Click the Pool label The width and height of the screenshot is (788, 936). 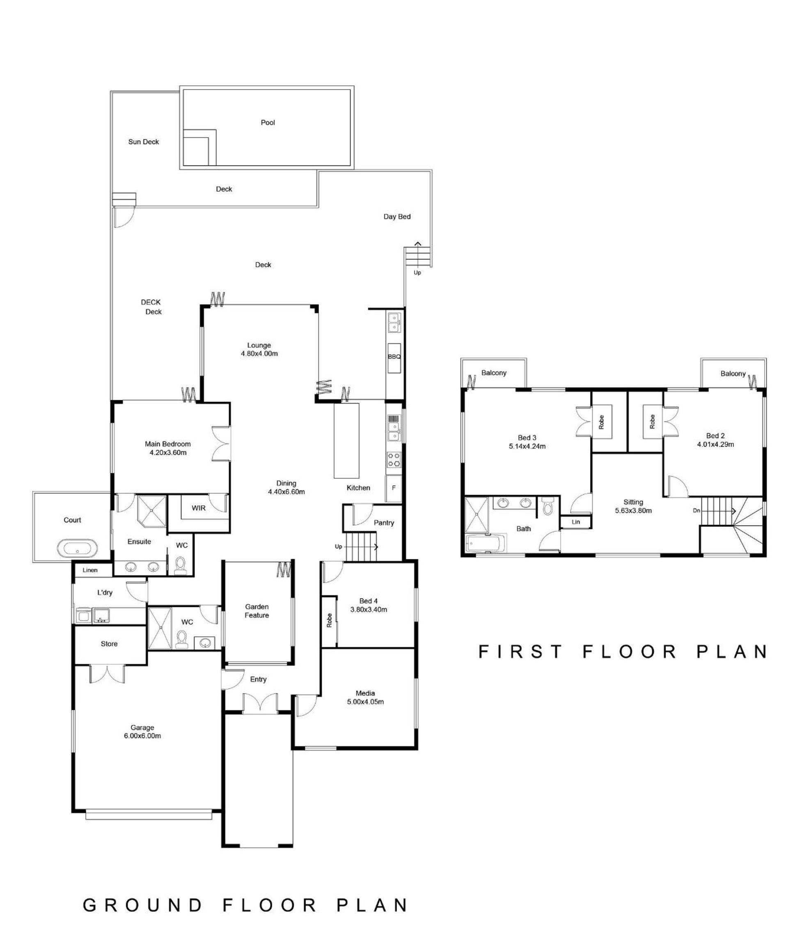(x=268, y=122)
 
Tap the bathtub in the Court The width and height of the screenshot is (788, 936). (x=77, y=548)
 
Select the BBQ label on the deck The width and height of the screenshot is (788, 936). (x=394, y=356)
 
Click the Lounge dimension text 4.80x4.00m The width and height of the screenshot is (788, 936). (x=259, y=353)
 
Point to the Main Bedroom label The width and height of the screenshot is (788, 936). (x=167, y=444)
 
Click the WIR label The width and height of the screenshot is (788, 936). (x=198, y=507)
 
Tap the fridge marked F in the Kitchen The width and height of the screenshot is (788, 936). (x=394, y=488)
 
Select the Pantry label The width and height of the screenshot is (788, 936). (x=384, y=523)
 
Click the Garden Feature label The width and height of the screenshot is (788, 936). (x=257, y=611)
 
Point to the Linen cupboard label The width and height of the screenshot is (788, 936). (x=90, y=570)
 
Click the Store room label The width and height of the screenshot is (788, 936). (x=109, y=644)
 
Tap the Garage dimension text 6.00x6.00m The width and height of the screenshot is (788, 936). (x=142, y=736)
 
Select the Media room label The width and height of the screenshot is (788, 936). (x=365, y=693)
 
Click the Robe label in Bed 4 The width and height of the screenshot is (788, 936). (x=329, y=620)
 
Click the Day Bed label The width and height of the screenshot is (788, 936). (x=397, y=217)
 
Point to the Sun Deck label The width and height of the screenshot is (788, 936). (x=143, y=142)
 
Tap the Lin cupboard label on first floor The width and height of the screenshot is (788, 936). (x=576, y=522)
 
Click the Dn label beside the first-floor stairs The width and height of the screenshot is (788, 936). (x=696, y=510)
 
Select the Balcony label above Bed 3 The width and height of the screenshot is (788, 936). (x=494, y=373)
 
